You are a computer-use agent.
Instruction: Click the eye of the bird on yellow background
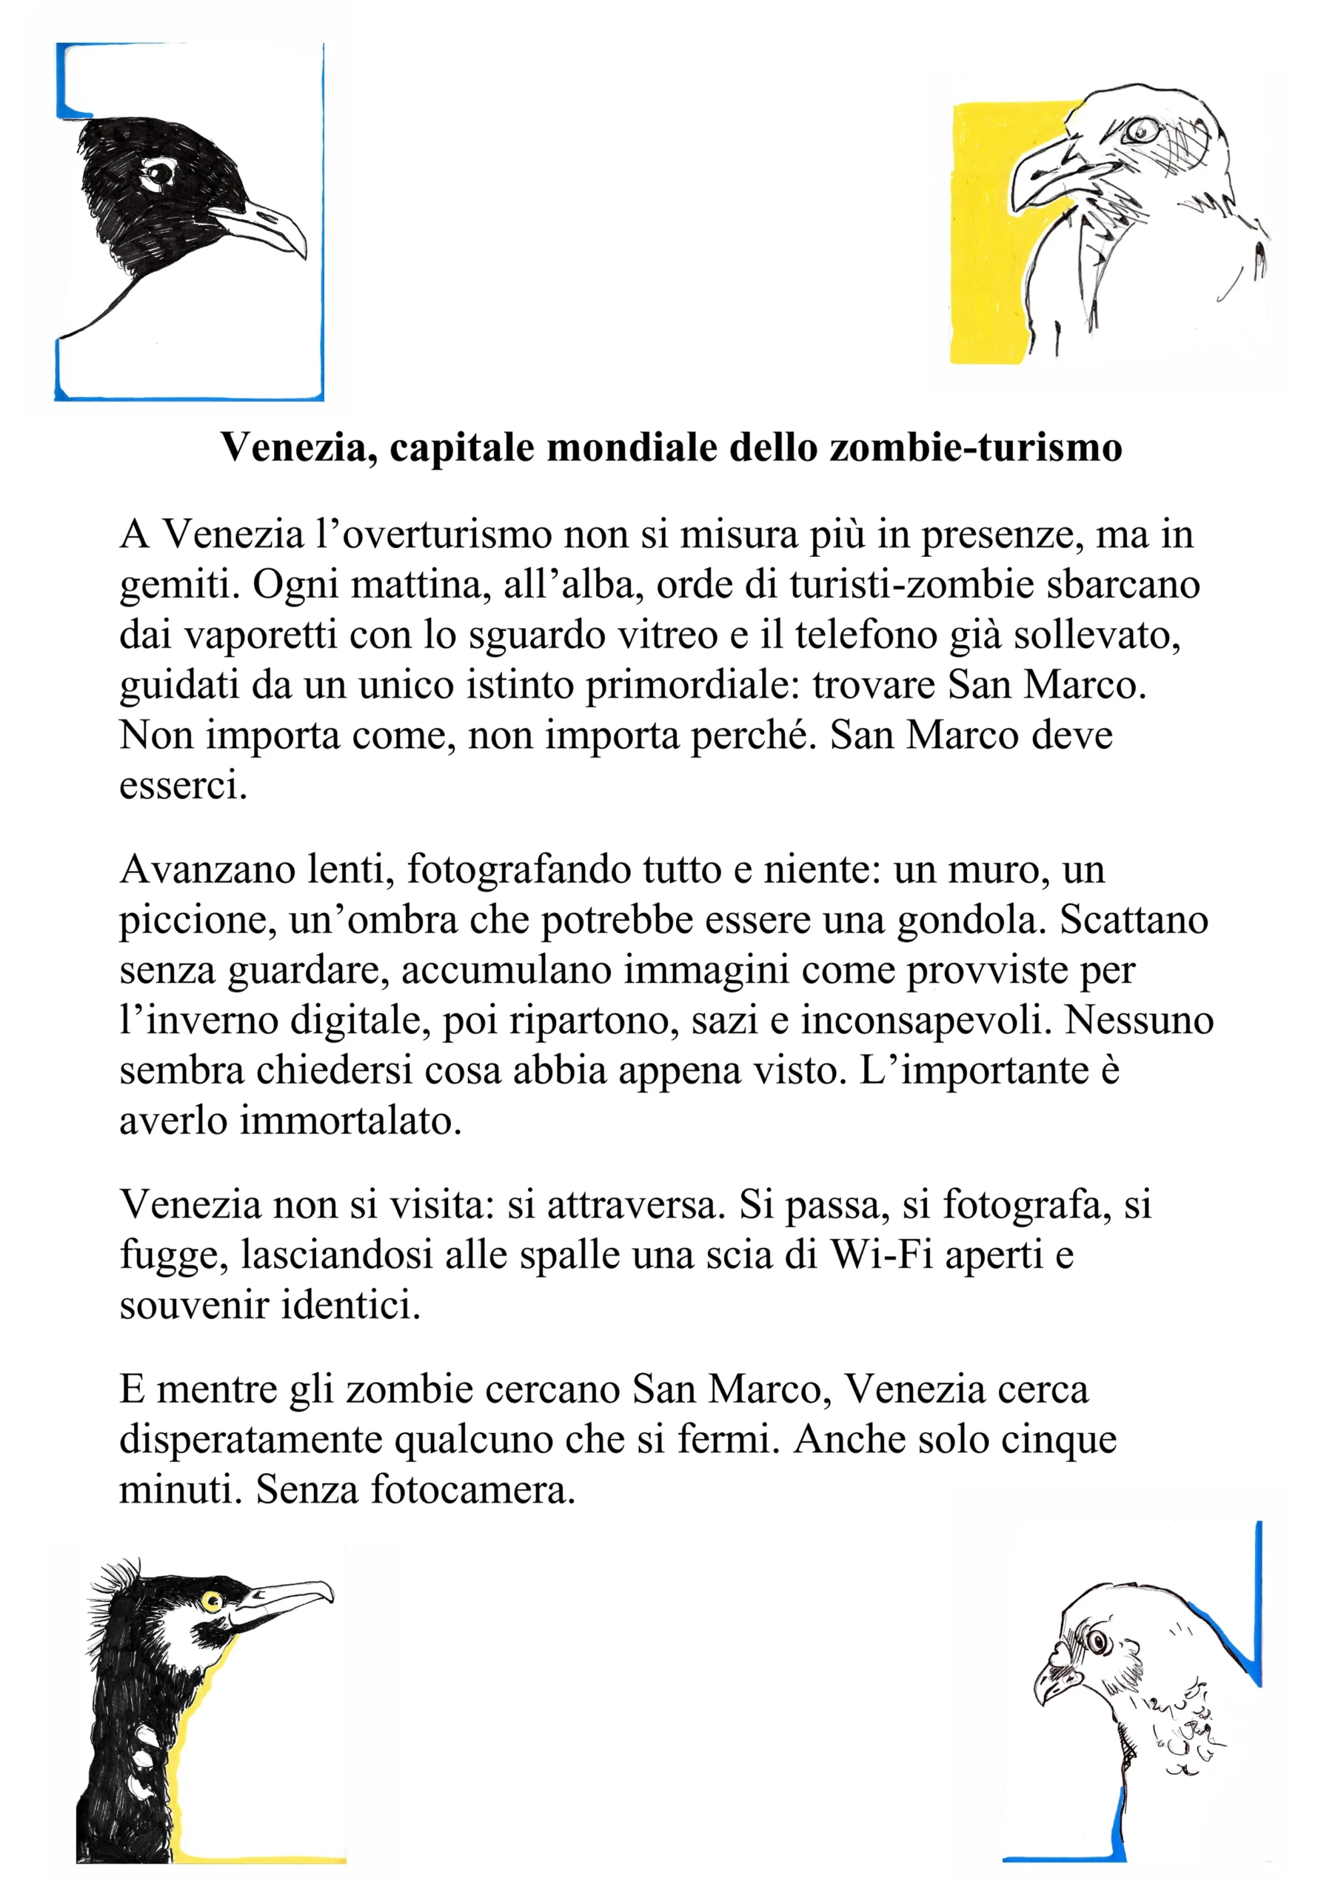(x=1140, y=129)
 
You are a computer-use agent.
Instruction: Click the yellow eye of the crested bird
(x=213, y=1602)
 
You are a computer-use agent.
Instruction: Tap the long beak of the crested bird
(x=285, y=1597)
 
